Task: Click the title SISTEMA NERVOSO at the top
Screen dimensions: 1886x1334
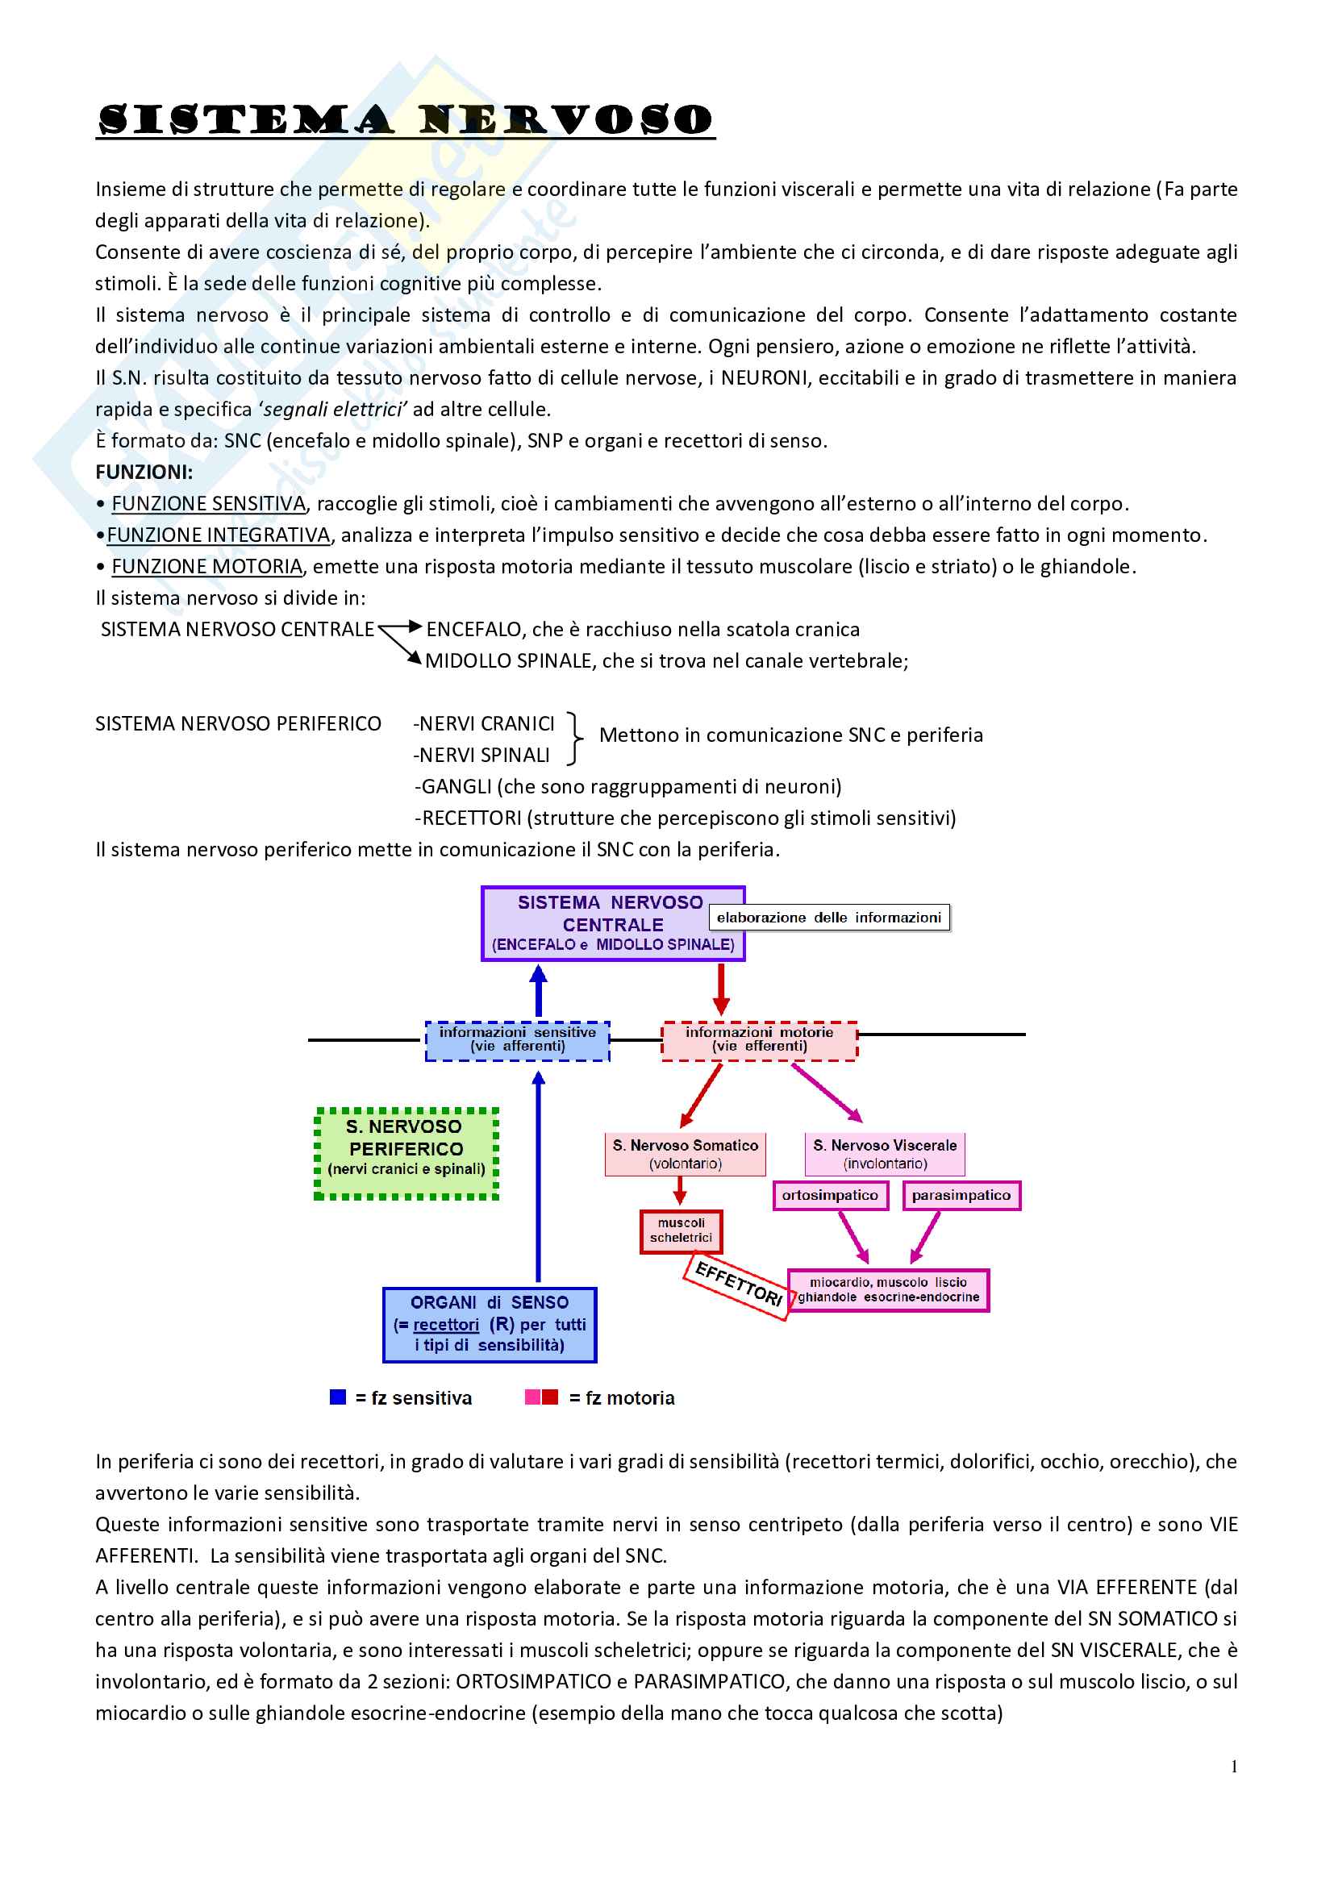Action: coord(405,120)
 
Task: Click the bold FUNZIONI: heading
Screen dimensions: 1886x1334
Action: coord(144,473)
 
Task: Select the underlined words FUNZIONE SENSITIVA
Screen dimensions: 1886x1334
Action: coord(209,503)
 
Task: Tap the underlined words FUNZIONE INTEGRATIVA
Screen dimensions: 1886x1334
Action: coord(219,535)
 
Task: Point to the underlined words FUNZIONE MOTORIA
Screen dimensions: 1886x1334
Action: coord(207,567)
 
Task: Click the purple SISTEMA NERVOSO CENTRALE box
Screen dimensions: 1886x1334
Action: coord(612,924)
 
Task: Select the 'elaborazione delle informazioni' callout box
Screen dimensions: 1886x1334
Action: coord(829,918)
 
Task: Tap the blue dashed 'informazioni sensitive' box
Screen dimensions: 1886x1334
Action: coord(518,1040)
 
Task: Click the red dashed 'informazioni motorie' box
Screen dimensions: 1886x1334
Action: coord(759,1040)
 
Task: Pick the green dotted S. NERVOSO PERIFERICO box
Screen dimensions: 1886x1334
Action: coord(406,1153)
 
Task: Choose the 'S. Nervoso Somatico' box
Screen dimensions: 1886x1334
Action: coord(685,1154)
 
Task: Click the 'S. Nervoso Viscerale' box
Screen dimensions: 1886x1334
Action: coord(885,1154)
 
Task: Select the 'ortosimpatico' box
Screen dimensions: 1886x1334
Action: coord(830,1195)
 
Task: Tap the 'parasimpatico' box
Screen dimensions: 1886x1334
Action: coord(961,1195)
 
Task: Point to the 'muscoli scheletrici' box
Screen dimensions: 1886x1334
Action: coord(681,1230)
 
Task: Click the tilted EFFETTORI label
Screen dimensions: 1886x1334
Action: coord(738,1284)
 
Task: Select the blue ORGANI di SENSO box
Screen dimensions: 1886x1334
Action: coord(490,1324)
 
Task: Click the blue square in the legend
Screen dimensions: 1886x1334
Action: coord(338,1397)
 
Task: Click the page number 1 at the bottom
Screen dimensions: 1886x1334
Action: coord(1234,1767)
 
